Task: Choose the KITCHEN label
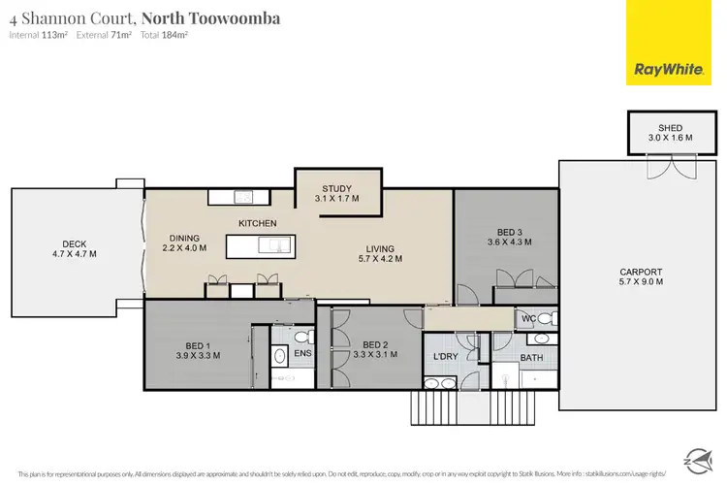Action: click(x=258, y=223)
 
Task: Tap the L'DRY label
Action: click(x=445, y=357)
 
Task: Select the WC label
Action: click(x=527, y=318)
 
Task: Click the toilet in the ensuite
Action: click(x=300, y=338)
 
